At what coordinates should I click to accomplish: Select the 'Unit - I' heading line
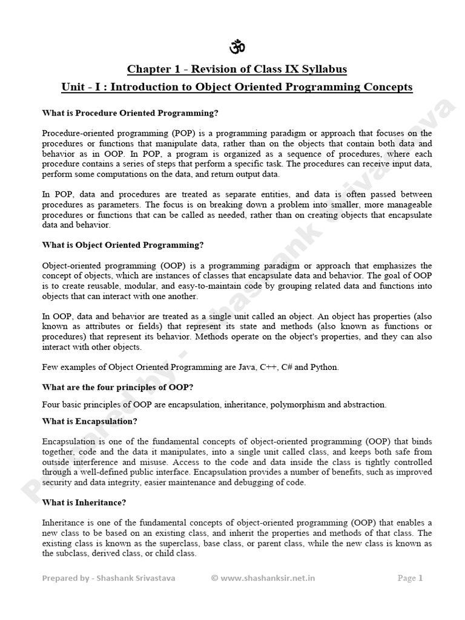[x=237, y=87]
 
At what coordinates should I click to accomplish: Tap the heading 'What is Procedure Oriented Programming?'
[x=130, y=113]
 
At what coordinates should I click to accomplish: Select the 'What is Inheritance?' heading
[x=84, y=503]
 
